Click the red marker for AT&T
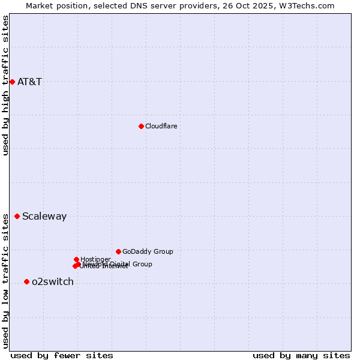pos(12,82)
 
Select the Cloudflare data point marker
pos(141,126)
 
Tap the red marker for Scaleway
pos(17,216)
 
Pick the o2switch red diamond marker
pos(26,281)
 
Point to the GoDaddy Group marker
pos(118,251)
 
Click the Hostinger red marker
pos(76,259)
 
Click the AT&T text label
pos(29,82)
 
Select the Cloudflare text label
pos(161,126)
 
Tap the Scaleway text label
pos(44,216)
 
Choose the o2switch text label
pos(53,281)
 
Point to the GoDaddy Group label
pos(148,251)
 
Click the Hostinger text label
pos(95,259)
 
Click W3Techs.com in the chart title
pos(305,5)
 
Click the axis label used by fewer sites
pos(62,355)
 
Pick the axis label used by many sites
pos(301,355)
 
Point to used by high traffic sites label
pos(5,85)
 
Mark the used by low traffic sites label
pos(5,281)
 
